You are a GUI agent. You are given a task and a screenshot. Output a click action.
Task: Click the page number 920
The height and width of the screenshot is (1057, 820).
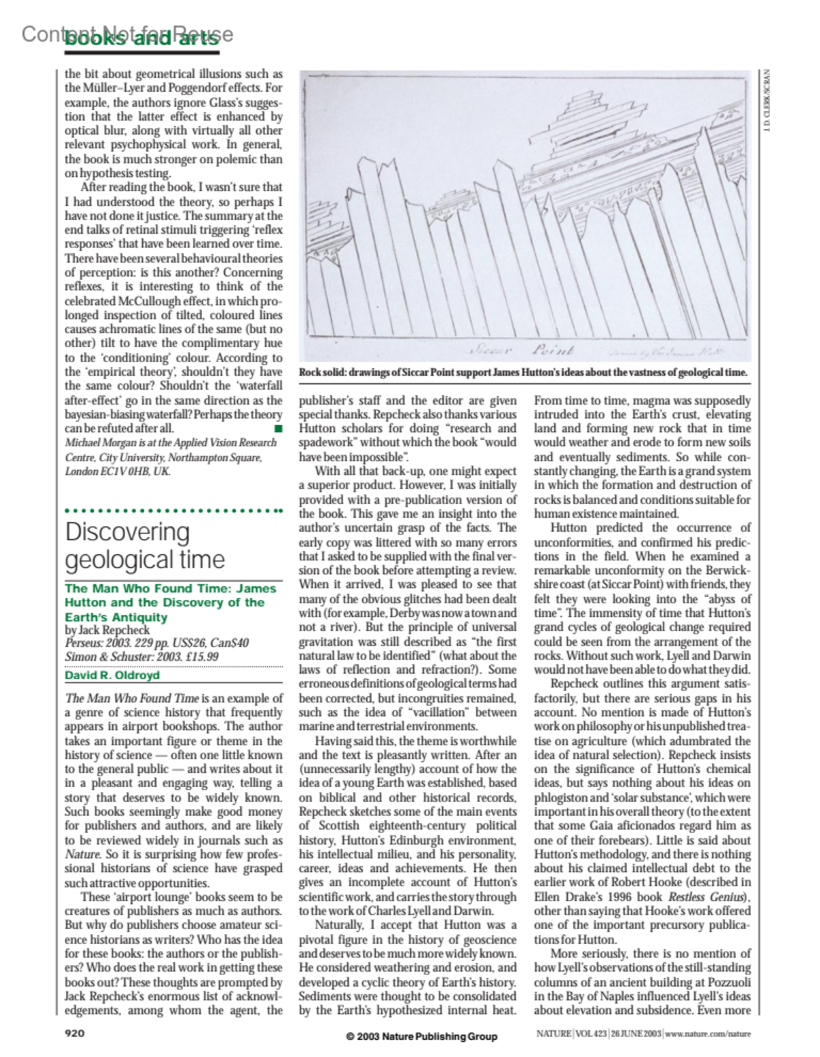(x=74, y=1032)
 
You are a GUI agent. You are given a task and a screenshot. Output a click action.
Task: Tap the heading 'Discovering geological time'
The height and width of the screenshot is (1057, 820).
(x=145, y=545)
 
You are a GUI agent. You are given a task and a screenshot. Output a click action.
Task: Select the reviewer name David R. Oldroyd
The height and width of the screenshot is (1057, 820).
(x=112, y=675)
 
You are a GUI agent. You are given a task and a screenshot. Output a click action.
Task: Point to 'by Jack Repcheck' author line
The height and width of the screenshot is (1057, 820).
(x=107, y=630)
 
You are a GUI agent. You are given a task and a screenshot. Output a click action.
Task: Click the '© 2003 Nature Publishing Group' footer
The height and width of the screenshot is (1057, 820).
(x=421, y=1036)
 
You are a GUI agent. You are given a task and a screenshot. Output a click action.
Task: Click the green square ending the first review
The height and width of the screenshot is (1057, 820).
(x=277, y=428)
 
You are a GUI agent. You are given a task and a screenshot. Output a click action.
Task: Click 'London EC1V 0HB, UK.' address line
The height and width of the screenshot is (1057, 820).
(x=118, y=471)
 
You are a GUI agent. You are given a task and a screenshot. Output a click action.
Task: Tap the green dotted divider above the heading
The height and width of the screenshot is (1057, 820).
(x=174, y=510)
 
